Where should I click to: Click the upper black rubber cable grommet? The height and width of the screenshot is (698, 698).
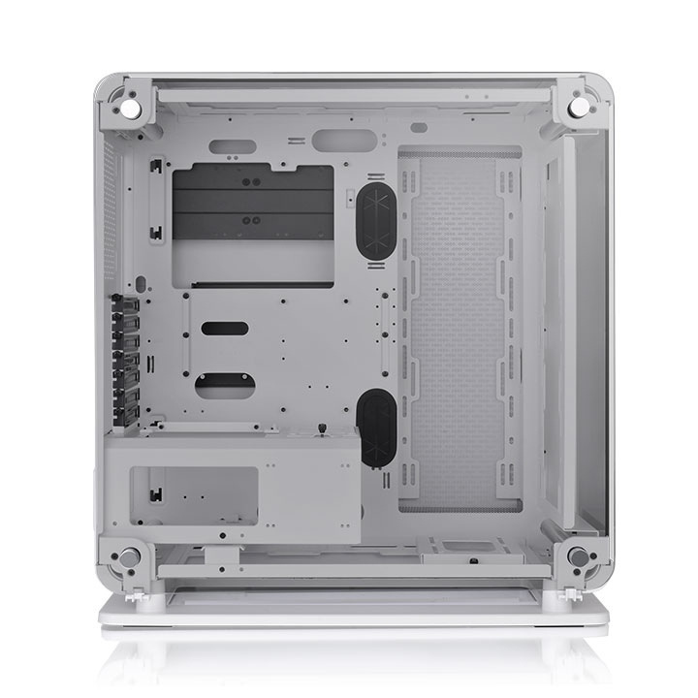pos(375,220)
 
